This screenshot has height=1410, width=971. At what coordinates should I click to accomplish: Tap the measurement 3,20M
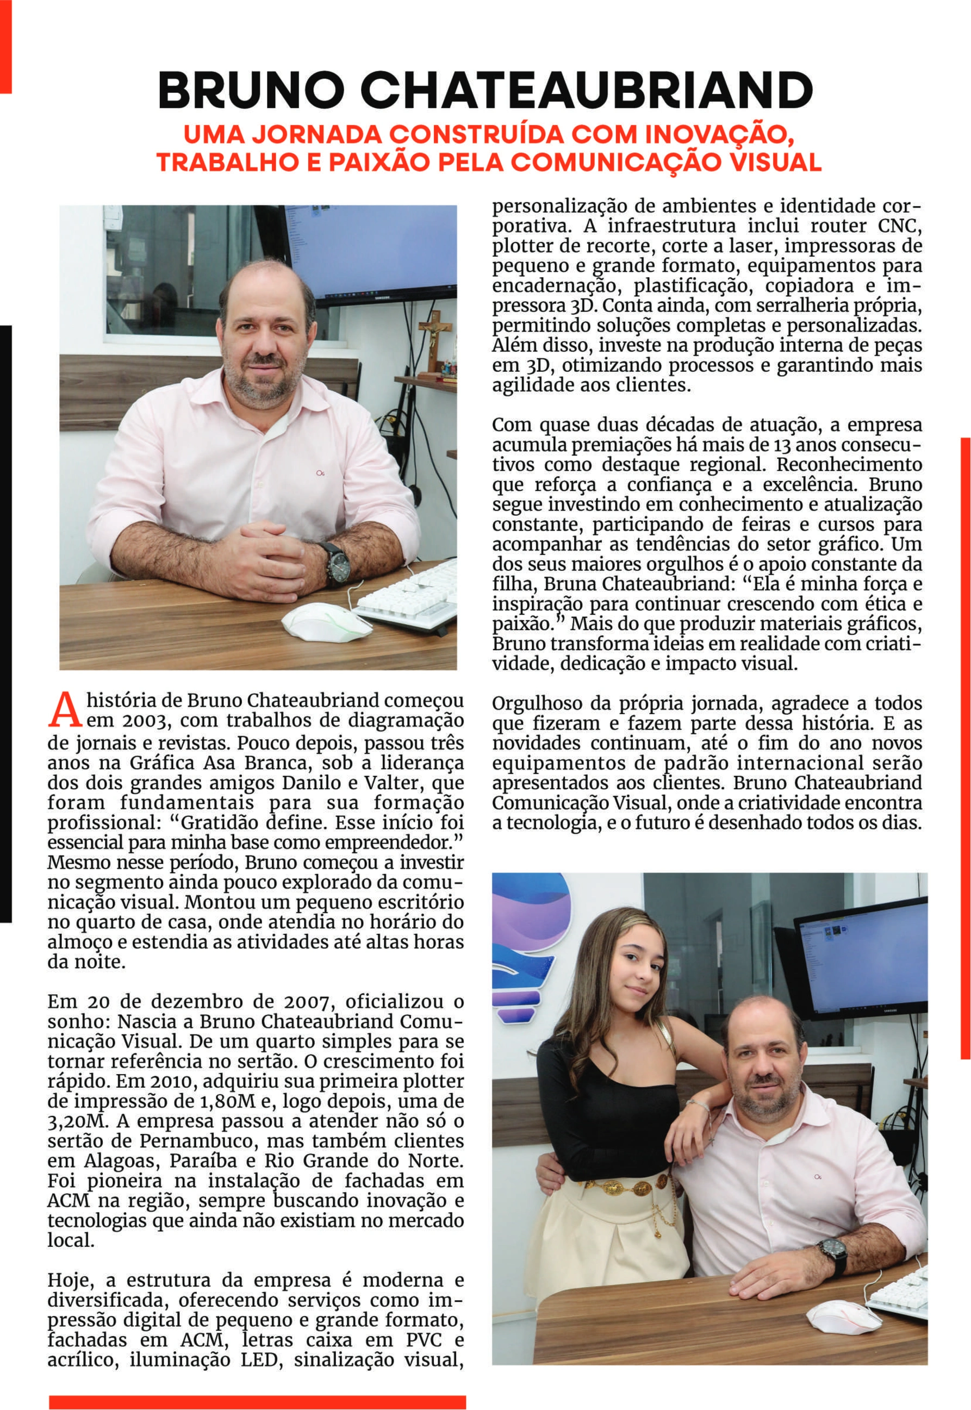click(x=68, y=1121)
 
